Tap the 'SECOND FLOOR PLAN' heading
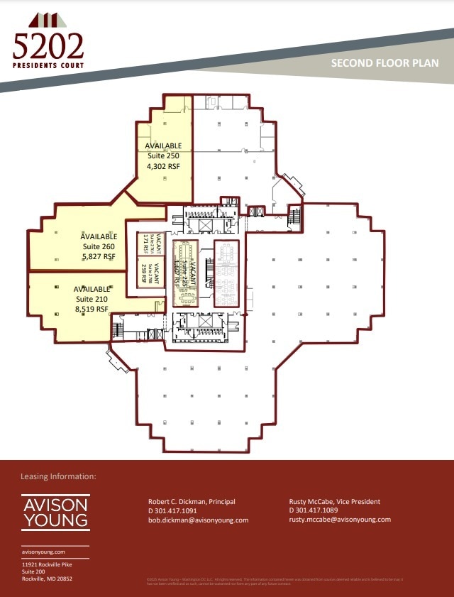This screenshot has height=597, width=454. pyautogui.click(x=384, y=63)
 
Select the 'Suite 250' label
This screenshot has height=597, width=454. pyautogui.click(x=163, y=155)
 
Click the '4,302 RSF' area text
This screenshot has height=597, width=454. pyautogui.click(x=163, y=165)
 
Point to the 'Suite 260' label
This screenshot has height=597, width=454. pyautogui.click(x=99, y=246)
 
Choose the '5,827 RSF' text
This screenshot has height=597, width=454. pyautogui.click(x=99, y=257)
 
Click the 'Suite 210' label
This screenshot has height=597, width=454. pyautogui.click(x=92, y=299)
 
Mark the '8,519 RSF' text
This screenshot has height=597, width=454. pyautogui.click(x=92, y=310)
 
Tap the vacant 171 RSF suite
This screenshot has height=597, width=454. pyautogui.click(x=148, y=243)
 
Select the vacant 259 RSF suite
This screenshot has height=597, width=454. pyautogui.click(x=146, y=271)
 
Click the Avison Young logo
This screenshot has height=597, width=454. pyautogui.click(x=55, y=512)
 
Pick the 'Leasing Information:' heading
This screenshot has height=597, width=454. pyautogui.click(x=58, y=476)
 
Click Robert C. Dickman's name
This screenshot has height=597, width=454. pyautogui.click(x=191, y=502)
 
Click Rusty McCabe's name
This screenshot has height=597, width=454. pyautogui.click(x=334, y=502)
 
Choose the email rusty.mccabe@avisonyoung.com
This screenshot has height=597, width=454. pyautogui.click(x=340, y=519)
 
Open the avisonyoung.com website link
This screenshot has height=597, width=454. pyautogui.click(x=43, y=552)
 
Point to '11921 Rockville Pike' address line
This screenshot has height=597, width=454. pyautogui.click(x=47, y=564)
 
